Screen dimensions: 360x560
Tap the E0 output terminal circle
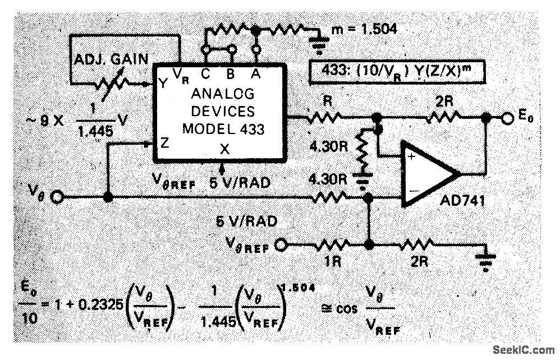507,119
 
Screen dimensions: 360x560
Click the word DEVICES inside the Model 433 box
223,110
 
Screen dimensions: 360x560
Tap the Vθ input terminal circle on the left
57,197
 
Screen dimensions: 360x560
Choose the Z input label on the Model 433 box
164,142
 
